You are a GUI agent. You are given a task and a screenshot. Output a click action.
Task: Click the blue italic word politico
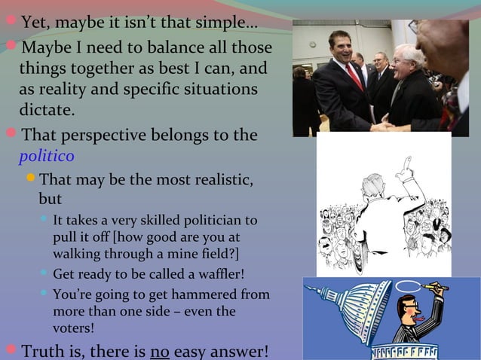(46, 157)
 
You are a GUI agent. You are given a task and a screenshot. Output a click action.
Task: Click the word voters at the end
(74, 328)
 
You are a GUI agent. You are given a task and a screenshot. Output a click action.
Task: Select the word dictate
(46, 111)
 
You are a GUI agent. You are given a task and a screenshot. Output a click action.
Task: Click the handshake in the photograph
(377, 124)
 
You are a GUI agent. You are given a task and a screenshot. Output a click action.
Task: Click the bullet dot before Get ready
(44, 273)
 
